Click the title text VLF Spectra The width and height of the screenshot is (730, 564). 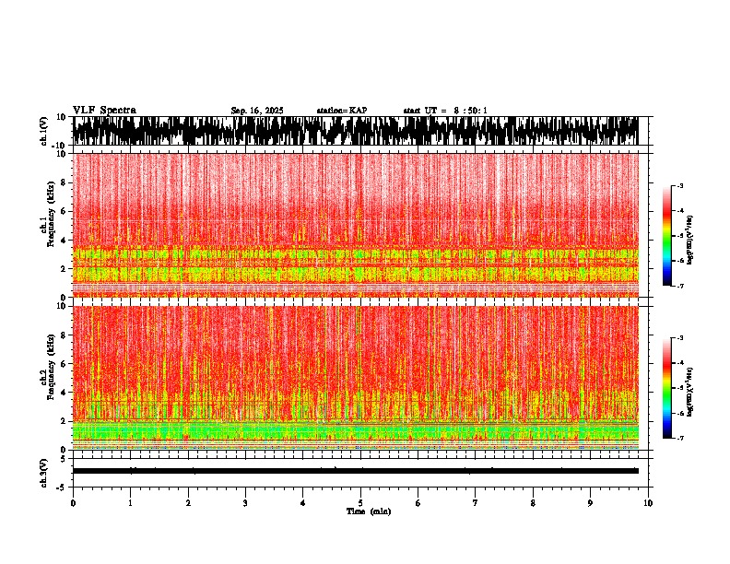104,111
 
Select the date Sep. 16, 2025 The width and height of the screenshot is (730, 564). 256,111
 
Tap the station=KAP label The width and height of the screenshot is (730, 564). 341,111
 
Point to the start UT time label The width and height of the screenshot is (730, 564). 445,111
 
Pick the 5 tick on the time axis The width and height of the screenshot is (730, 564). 360,503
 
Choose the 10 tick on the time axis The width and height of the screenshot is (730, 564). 648,503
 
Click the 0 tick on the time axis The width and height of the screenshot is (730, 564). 73,503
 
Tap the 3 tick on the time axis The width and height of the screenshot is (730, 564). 245,503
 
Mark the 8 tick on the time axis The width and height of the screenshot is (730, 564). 533,503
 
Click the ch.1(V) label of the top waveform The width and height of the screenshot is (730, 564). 44,131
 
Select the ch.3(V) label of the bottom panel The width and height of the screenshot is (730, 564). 44,471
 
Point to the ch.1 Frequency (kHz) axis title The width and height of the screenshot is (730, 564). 47,224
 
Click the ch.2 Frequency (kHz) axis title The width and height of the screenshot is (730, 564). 47,377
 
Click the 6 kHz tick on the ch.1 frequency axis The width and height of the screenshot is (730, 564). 63,211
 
